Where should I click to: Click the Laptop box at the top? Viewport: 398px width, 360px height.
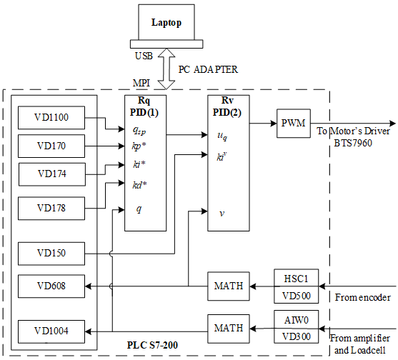pyautogui.click(x=166, y=22)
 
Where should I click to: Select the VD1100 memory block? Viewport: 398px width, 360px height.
pyautogui.click(x=51, y=118)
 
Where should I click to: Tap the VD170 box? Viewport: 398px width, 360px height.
pyautogui.click(x=51, y=146)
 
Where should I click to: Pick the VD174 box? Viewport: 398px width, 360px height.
pyautogui.click(x=52, y=174)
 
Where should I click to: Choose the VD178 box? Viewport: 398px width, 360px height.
pyautogui.click(x=51, y=209)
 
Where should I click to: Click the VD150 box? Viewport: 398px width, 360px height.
pyautogui.click(x=51, y=254)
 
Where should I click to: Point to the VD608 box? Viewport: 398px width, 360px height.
pyautogui.click(x=51, y=286)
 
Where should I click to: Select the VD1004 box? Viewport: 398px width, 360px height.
pyautogui.click(x=51, y=331)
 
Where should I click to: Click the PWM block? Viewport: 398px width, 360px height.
pyautogui.click(x=294, y=124)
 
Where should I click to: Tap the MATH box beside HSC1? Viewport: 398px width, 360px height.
pyautogui.click(x=229, y=286)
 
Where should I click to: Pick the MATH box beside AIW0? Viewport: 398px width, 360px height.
pyautogui.click(x=229, y=329)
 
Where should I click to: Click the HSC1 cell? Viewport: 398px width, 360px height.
pyautogui.click(x=297, y=279)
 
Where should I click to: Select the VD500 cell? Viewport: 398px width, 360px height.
pyautogui.click(x=297, y=295)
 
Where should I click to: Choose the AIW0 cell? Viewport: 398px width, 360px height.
pyautogui.click(x=297, y=320)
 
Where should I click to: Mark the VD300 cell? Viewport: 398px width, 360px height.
pyautogui.click(x=297, y=336)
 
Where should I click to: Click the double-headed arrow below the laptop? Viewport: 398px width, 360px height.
pyautogui.click(x=166, y=69)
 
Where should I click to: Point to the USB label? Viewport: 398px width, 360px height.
pyautogui.click(x=144, y=56)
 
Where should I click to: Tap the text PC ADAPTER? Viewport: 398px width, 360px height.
pyautogui.click(x=208, y=69)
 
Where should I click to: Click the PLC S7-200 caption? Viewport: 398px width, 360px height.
pyautogui.click(x=152, y=345)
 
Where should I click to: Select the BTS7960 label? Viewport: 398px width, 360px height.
pyautogui.click(x=353, y=144)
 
